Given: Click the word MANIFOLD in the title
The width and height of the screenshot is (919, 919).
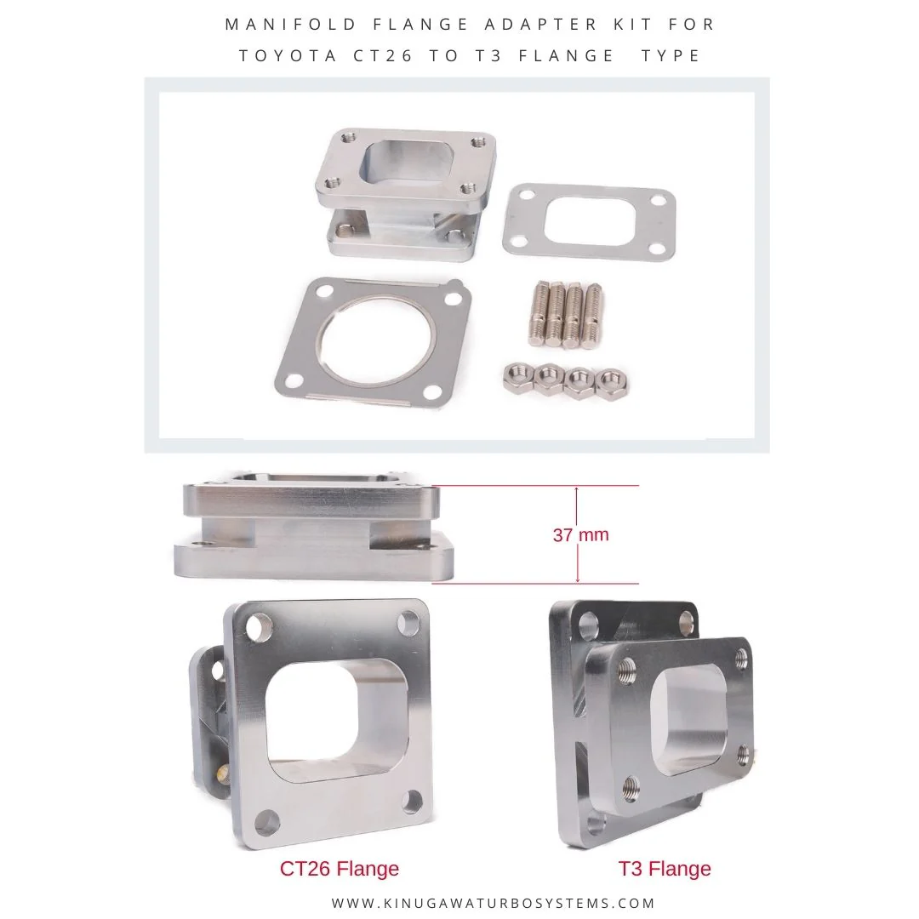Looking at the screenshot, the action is (291, 24).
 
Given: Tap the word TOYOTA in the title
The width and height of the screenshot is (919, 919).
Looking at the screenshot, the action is (288, 55).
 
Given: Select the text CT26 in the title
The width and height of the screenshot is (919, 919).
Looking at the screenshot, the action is (383, 55).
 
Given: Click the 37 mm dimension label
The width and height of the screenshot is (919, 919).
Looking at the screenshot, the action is (581, 534).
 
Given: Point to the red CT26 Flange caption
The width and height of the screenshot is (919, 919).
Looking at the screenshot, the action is (340, 868).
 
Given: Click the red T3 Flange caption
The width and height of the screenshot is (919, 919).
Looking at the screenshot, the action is (665, 868).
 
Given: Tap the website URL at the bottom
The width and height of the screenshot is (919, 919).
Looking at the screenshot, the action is (493, 903).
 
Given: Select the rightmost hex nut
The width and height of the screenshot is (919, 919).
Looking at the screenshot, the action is (611, 384).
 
